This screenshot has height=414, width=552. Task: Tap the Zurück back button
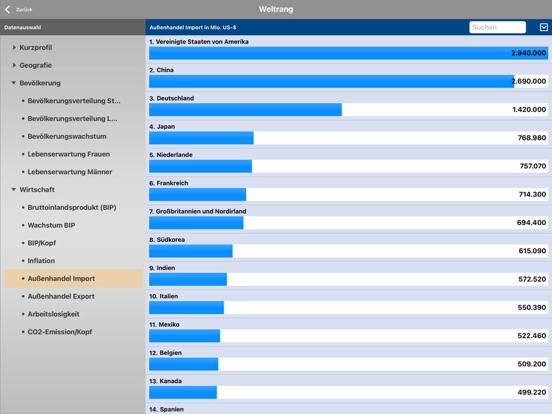click(19, 9)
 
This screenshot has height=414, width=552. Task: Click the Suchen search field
click(497, 27)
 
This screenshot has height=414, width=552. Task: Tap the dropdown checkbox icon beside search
click(544, 27)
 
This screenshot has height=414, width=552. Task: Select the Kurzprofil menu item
click(36, 47)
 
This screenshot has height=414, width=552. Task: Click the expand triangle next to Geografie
click(14, 65)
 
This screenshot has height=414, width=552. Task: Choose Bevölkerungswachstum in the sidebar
click(67, 136)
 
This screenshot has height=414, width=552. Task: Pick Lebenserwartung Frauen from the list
click(68, 154)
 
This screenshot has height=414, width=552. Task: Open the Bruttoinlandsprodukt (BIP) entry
click(72, 208)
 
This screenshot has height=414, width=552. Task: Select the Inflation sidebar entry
click(41, 261)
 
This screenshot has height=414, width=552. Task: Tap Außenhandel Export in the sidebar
click(61, 296)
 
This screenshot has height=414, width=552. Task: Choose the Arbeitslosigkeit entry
click(54, 314)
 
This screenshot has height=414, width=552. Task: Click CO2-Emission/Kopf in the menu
click(60, 332)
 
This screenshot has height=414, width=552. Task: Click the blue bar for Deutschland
click(245, 109)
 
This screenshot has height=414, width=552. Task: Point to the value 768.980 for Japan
click(532, 138)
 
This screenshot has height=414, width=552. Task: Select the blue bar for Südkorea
click(190, 251)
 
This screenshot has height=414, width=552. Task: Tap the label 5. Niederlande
click(171, 155)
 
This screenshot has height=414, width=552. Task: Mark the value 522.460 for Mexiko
click(532, 336)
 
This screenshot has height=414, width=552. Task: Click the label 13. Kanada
click(165, 381)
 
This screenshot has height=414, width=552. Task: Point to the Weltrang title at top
click(276, 9)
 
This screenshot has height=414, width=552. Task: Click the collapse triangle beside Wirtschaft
click(14, 190)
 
